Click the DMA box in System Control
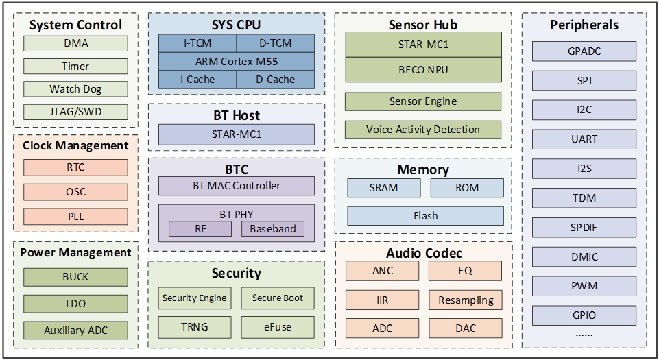[x=75, y=44]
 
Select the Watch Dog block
[x=75, y=89]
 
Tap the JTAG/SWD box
[x=75, y=112]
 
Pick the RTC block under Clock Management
[x=75, y=168]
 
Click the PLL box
[x=75, y=217]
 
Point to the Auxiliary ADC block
[x=75, y=330]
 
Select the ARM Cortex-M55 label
[x=237, y=62]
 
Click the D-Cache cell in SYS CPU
[x=275, y=80]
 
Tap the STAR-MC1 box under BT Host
[x=237, y=134]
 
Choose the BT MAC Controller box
[x=237, y=185]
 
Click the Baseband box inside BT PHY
[x=272, y=229]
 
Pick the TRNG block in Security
[x=193, y=326]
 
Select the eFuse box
[x=277, y=326]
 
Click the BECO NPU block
[x=423, y=70]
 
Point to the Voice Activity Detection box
[x=423, y=129]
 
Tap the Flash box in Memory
[x=425, y=216]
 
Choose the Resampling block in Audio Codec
[x=466, y=300]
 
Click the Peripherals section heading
[x=584, y=25]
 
